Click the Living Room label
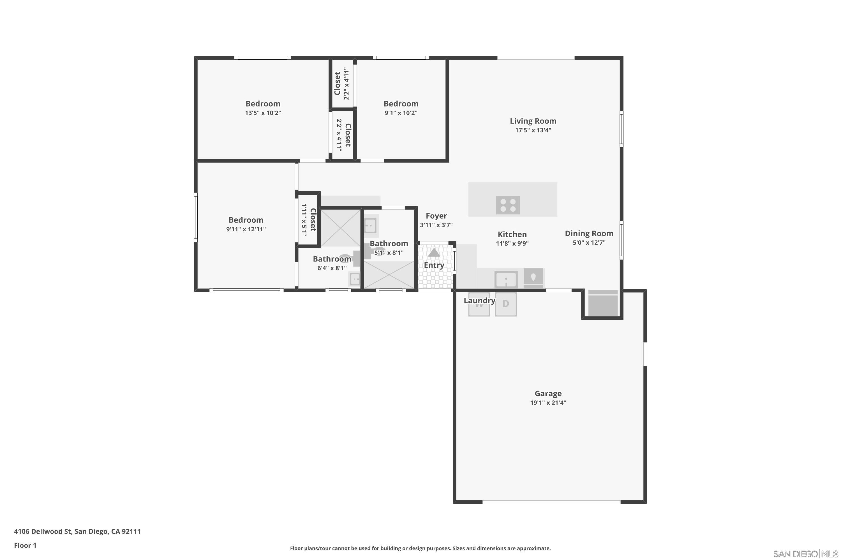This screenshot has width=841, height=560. click(533, 121)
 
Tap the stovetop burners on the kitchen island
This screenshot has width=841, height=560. click(508, 205)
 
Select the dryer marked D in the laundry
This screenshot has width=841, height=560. click(506, 304)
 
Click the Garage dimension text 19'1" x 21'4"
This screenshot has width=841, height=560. click(548, 403)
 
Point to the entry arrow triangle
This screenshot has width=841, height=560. click(434, 253)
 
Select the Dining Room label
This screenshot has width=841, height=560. click(589, 234)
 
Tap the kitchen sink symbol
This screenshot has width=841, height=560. click(506, 279)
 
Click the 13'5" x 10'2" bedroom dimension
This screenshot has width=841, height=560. click(263, 113)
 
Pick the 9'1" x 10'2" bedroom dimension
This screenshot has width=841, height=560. click(401, 113)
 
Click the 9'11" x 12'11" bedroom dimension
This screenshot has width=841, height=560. click(246, 229)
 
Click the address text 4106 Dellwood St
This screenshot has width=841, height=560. click(77, 531)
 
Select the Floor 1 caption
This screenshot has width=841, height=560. click(25, 545)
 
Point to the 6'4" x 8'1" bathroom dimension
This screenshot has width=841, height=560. click(332, 268)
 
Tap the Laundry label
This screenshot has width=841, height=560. click(479, 301)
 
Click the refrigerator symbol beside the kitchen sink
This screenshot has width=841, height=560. click(533, 278)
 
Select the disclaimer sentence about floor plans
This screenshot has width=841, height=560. click(420, 548)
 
